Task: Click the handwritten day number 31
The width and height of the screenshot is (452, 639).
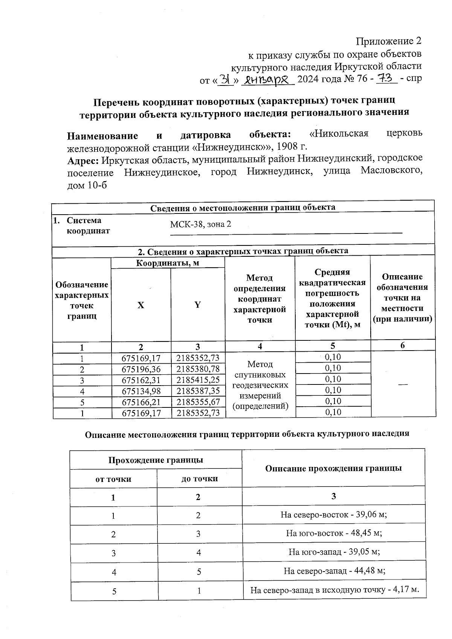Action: pos(226,79)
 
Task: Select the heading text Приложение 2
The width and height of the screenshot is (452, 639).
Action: pos(388,41)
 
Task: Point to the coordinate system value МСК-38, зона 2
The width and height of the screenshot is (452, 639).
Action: pos(200,224)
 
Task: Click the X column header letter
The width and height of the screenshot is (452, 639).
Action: pos(140,305)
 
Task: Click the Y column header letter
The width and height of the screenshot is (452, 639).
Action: pos(197,305)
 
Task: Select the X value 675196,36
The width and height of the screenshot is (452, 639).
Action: pos(141,369)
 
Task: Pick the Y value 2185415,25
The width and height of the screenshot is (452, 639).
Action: pos(198,380)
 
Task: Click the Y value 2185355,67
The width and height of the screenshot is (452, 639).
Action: pos(198,402)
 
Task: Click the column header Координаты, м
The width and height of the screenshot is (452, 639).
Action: pos(168,263)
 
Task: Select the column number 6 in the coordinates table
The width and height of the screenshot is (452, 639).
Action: pos(403,346)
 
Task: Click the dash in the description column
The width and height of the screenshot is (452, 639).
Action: pos(403,384)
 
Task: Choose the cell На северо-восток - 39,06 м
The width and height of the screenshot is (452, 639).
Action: pos(334,515)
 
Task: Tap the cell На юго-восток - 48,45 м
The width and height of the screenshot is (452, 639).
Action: pos(334,533)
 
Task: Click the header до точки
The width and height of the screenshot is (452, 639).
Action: pos(200,479)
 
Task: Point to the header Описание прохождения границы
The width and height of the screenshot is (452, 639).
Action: pos(333,468)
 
